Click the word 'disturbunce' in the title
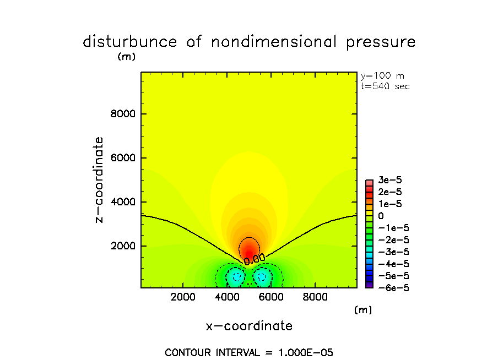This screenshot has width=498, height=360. click(130, 42)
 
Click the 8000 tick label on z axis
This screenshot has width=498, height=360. click(124, 114)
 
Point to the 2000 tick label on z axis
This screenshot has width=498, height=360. click(124, 246)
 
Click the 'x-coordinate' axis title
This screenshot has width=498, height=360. click(249, 326)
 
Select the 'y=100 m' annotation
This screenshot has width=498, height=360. click(382, 76)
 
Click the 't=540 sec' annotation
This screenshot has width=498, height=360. click(385, 86)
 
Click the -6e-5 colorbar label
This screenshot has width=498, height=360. click(391, 287)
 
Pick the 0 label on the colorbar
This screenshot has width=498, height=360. click(381, 216)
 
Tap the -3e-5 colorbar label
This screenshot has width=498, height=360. click(391, 252)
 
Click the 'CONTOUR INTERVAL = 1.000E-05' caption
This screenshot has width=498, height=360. click(249, 352)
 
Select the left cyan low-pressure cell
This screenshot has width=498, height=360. click(236, 277)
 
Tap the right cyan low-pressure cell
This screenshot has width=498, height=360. click(262, 277)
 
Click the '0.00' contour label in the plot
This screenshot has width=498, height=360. click(255, 258)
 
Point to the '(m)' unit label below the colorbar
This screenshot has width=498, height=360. click(362, 310)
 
